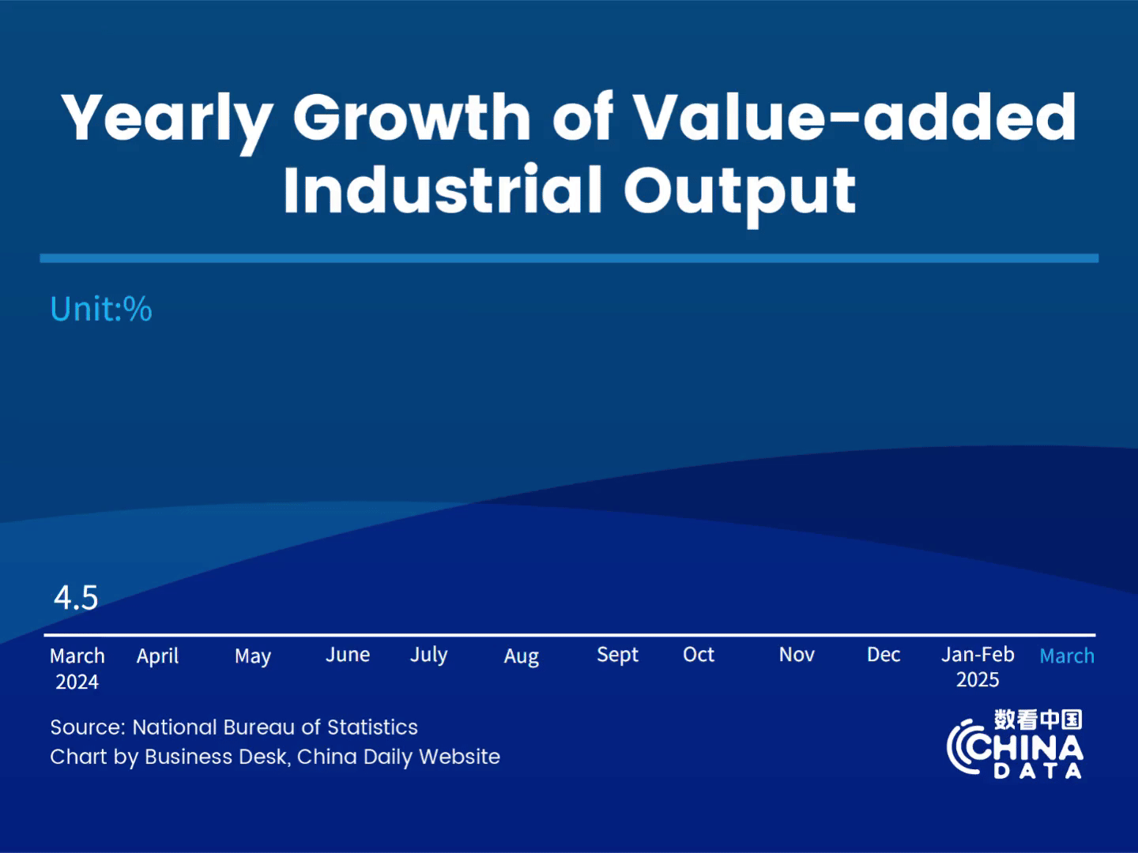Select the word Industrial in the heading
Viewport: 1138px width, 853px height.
(x=443, y=191)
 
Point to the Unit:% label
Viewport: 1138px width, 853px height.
(x=101, y=309)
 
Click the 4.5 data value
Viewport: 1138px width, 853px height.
(x=76, y=598)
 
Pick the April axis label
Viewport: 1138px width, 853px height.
(x=157, y=656)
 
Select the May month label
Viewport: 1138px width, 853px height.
(x=253, y=656)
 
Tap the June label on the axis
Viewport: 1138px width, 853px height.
(x=348, y=656)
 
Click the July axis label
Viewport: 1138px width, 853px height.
(x=428, y=656)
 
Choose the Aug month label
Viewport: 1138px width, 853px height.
(x=522, y=656)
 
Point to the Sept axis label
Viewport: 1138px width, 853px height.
(x=617, y=656)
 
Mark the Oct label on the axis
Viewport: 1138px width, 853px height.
(x=699, y=655)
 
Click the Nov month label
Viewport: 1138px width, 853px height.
(x=797, y=655)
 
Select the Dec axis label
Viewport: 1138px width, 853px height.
(x=884, y=655)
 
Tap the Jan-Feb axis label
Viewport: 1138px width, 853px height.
(x=978, y=655)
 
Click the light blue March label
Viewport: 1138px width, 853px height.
(x=1067, y=656)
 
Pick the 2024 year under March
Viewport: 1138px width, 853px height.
(x=77, y=682)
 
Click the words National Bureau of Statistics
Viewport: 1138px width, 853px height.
(x=275, y=727)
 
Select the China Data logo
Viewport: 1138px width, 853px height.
(x=1016, y=745)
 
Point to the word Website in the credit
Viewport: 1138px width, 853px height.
(x=459, y=757)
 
